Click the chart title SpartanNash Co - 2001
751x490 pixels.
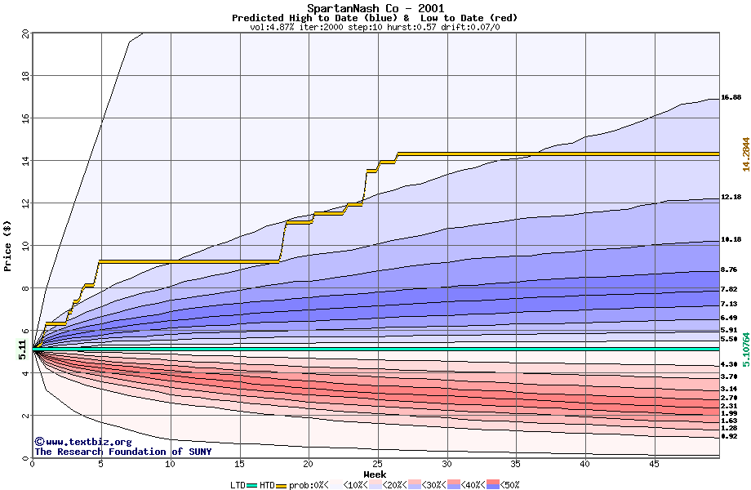click(x=375, y=8)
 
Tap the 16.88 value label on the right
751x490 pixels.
click(x=731, y=97)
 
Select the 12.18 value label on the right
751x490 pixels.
click(x=731, y=197)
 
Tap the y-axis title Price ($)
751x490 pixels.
click(x=8, y=246)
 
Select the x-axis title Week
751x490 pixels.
click(x=375, y=474)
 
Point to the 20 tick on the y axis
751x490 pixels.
click(x=24, y=33)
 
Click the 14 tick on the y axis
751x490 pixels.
click(x=24, y=161)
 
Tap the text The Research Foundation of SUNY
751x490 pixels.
click(x=122, y=452)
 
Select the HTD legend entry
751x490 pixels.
click(x=267, y=485)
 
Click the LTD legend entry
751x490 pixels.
click(x=237, y=485)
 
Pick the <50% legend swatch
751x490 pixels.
click(x=507, y=485)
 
